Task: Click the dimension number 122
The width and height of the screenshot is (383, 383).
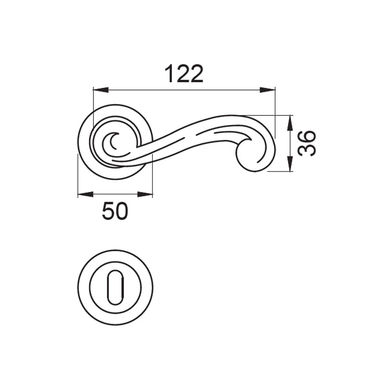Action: (184, 74)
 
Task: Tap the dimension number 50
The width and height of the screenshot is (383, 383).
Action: (115, 211)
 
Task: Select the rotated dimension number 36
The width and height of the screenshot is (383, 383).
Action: (307, 143)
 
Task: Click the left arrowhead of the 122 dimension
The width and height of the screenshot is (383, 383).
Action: (101, 90)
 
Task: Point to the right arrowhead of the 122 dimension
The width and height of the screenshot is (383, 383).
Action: (268, 90)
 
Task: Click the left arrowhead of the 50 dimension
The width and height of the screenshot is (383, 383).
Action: (86, 194)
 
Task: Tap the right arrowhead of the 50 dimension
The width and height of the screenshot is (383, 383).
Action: (145, 194)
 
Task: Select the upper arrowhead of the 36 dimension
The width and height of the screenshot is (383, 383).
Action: (290, 123)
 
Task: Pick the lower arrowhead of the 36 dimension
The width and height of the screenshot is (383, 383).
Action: (290, 164)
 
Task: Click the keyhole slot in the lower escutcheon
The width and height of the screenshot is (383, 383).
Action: (115, 287)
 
